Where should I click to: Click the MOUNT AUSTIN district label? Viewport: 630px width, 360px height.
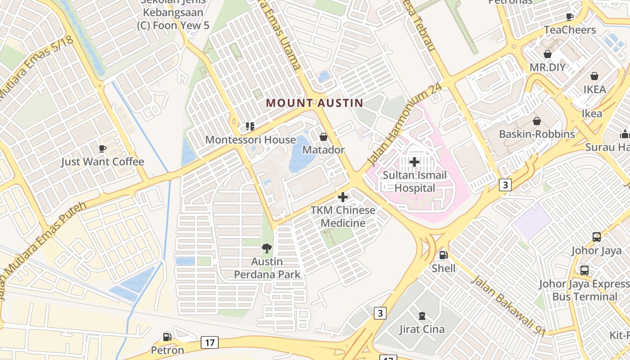point(314,103)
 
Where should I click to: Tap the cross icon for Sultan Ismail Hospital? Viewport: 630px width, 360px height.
point(414,162)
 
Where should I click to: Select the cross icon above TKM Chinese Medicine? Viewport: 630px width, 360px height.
point(343,197)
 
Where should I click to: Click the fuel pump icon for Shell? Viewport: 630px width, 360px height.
point(443,255)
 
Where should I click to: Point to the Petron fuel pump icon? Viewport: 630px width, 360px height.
point(167,337)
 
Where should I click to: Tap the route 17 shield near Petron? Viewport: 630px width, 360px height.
point(210,342)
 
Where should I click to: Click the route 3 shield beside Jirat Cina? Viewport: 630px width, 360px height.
point(380,313)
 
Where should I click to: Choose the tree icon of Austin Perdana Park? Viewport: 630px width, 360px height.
point(267,248)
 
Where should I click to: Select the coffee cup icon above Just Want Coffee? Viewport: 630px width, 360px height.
point(103,148)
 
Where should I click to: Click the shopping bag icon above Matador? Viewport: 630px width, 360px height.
point(323,137)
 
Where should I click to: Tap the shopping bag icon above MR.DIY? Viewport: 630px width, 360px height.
point(548,54)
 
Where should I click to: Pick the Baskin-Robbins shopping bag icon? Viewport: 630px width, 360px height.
point(536,121)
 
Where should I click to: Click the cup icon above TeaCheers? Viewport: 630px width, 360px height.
point(570,17)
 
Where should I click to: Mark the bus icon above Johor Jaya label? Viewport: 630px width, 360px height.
point(597,237)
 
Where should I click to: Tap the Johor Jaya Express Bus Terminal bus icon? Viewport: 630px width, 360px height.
point(584,270)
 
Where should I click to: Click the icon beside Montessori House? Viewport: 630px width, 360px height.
point(250,126)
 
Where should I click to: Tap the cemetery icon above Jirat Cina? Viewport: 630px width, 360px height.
point(422,316)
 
